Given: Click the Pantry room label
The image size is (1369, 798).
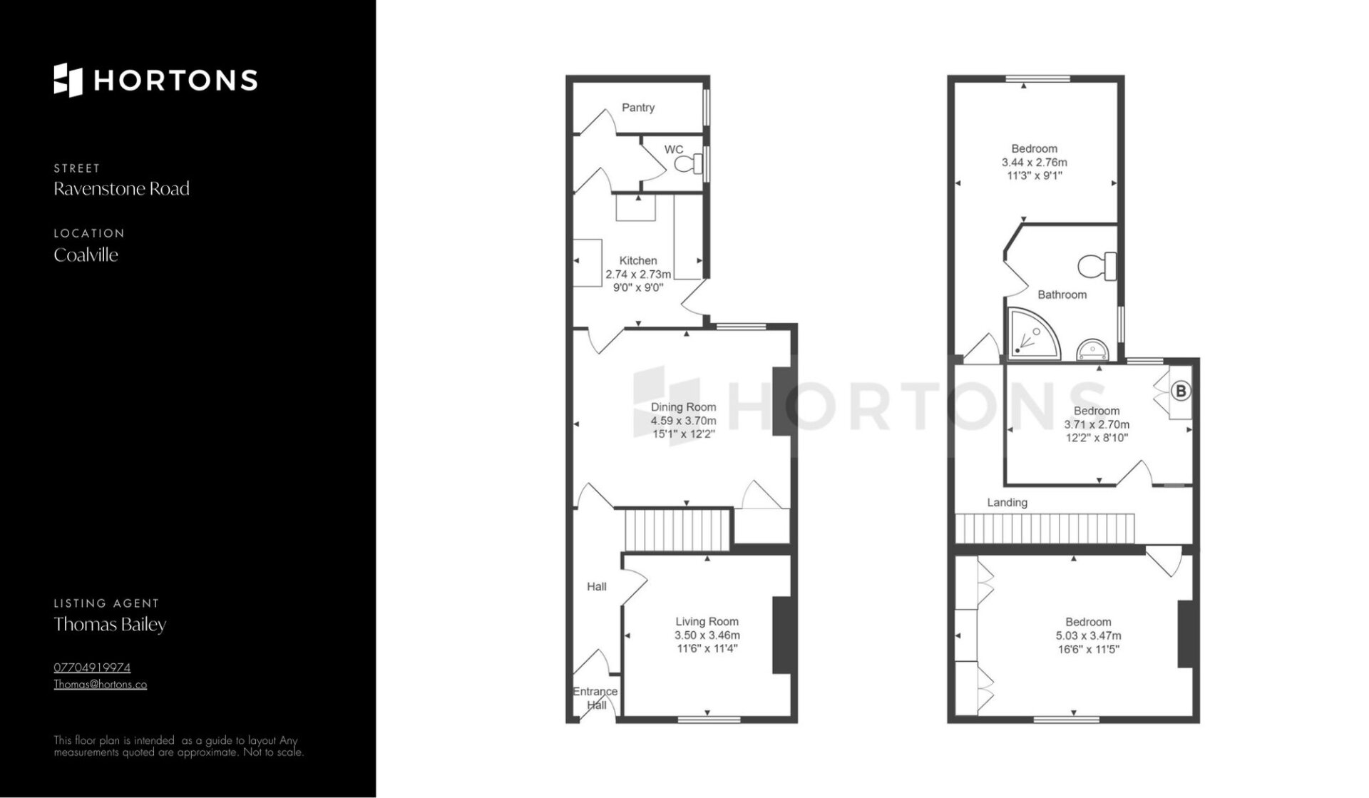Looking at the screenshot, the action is tap(637, 108).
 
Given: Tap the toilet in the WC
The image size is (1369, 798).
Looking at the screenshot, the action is tap(687, 165).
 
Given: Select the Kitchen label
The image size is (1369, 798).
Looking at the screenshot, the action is tap(637, 260).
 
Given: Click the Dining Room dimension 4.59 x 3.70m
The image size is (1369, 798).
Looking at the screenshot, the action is tap(683, 421).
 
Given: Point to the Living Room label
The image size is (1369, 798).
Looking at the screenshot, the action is tap(707, 622).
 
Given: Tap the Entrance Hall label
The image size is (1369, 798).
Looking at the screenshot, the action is tap(595, 698).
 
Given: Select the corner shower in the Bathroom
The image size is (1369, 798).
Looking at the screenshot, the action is tap(1033, 334).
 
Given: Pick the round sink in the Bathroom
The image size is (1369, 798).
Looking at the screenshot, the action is tap(1092, 349).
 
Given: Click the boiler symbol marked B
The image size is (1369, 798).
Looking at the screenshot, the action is tap(1181, 391).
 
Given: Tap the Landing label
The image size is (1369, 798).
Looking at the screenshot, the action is tap(1007, 503).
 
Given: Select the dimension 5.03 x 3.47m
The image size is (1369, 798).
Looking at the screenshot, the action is tap(1088, 635).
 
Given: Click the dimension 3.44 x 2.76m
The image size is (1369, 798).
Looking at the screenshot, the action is tap(1034, 163).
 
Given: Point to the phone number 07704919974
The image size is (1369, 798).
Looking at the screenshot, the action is tap(92, 668).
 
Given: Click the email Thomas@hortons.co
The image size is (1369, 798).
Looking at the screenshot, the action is tap(101, 685).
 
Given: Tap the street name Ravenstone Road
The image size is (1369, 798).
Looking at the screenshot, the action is tap(121, 189).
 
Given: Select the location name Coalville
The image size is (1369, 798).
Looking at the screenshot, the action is tap(86, 255).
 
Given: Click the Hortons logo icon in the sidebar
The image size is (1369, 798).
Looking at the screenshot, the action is tap(68, 80).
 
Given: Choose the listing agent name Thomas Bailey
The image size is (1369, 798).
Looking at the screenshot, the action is tap(110, 625).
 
